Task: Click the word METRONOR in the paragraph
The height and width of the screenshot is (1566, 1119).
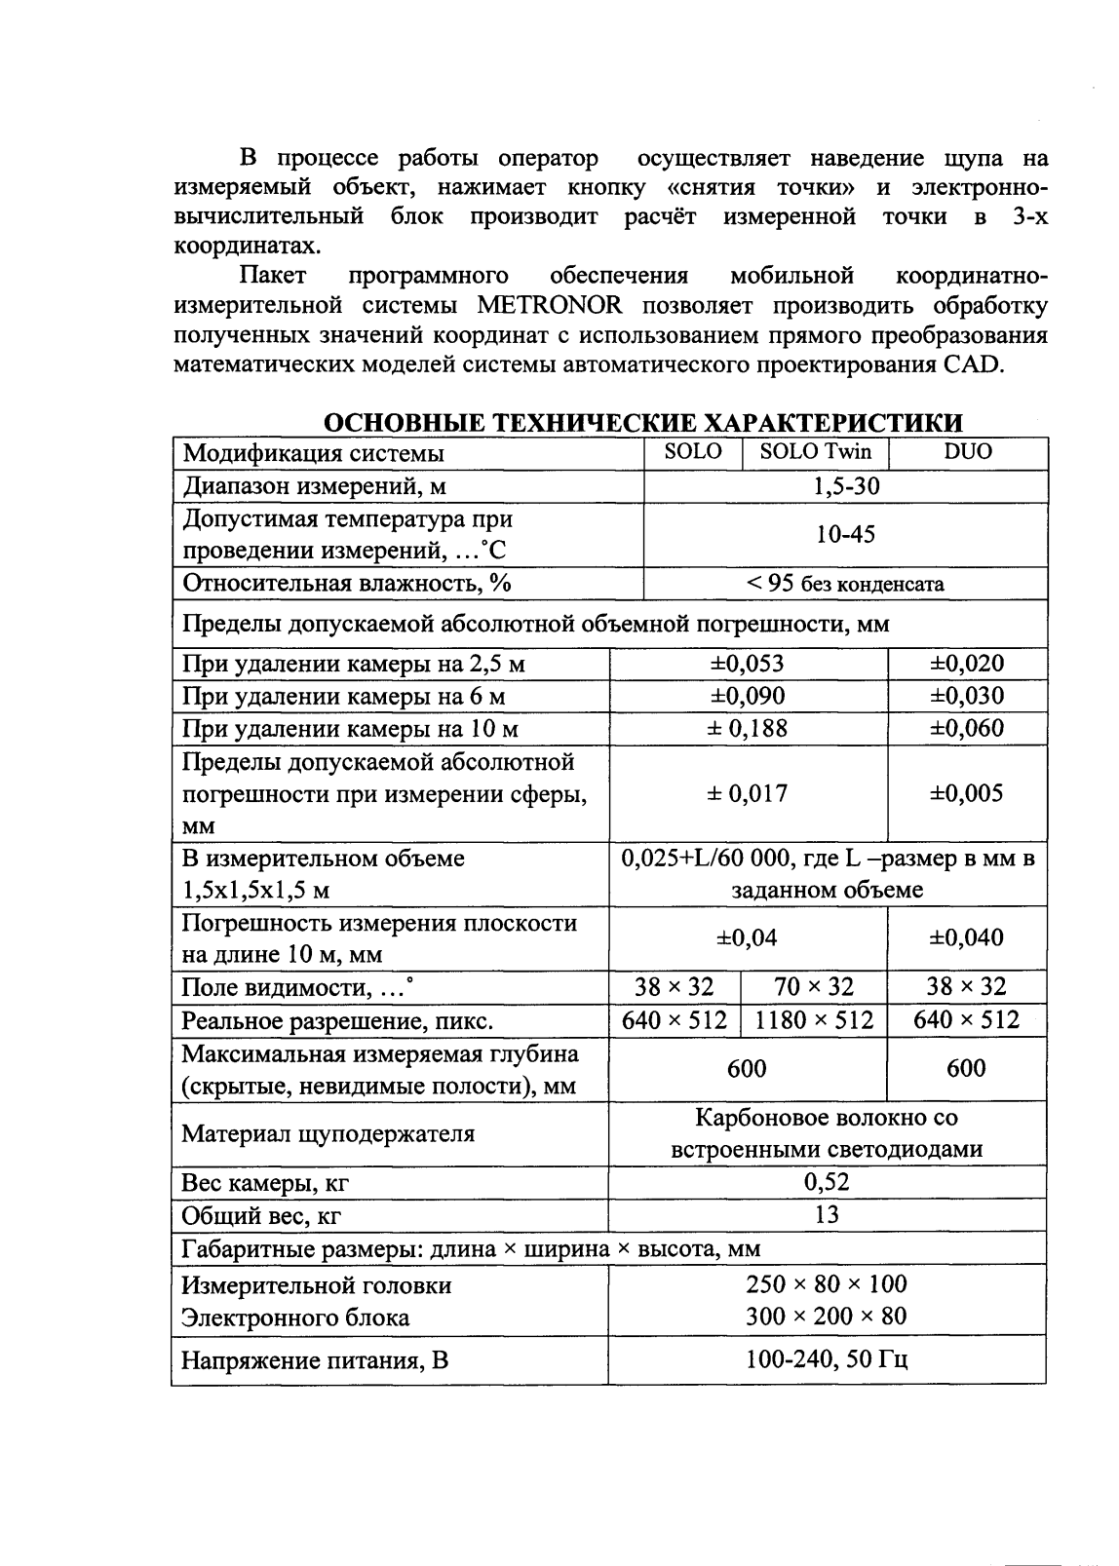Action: point(550,306)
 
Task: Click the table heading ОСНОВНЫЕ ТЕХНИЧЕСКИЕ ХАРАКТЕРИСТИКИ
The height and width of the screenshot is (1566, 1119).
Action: point(642,423)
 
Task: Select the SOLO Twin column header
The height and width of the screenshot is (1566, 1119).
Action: point(816,452)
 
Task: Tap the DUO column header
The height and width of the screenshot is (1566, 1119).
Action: point(968,452)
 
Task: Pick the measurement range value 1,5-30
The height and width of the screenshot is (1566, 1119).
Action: point(846,486)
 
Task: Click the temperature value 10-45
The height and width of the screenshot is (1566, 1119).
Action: point(846,534)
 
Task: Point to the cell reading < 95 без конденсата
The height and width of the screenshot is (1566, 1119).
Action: point(846,584)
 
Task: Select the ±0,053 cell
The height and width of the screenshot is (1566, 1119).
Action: point(748,664)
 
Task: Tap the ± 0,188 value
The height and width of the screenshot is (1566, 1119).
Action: point(748,729)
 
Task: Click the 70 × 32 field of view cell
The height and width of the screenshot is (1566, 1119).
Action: point(814,987)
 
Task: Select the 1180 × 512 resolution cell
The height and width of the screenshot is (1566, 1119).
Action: point(814,1020)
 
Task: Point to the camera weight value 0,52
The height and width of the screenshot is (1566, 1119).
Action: point(827,1183)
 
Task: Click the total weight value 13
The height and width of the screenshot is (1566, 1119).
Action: point(827,1215)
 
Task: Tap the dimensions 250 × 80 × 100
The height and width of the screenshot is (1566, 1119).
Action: point(827,1284)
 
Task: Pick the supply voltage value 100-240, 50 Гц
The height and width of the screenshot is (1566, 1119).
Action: point(827,1359)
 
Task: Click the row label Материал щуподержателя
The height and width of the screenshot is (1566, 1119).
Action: point(328,1134)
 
